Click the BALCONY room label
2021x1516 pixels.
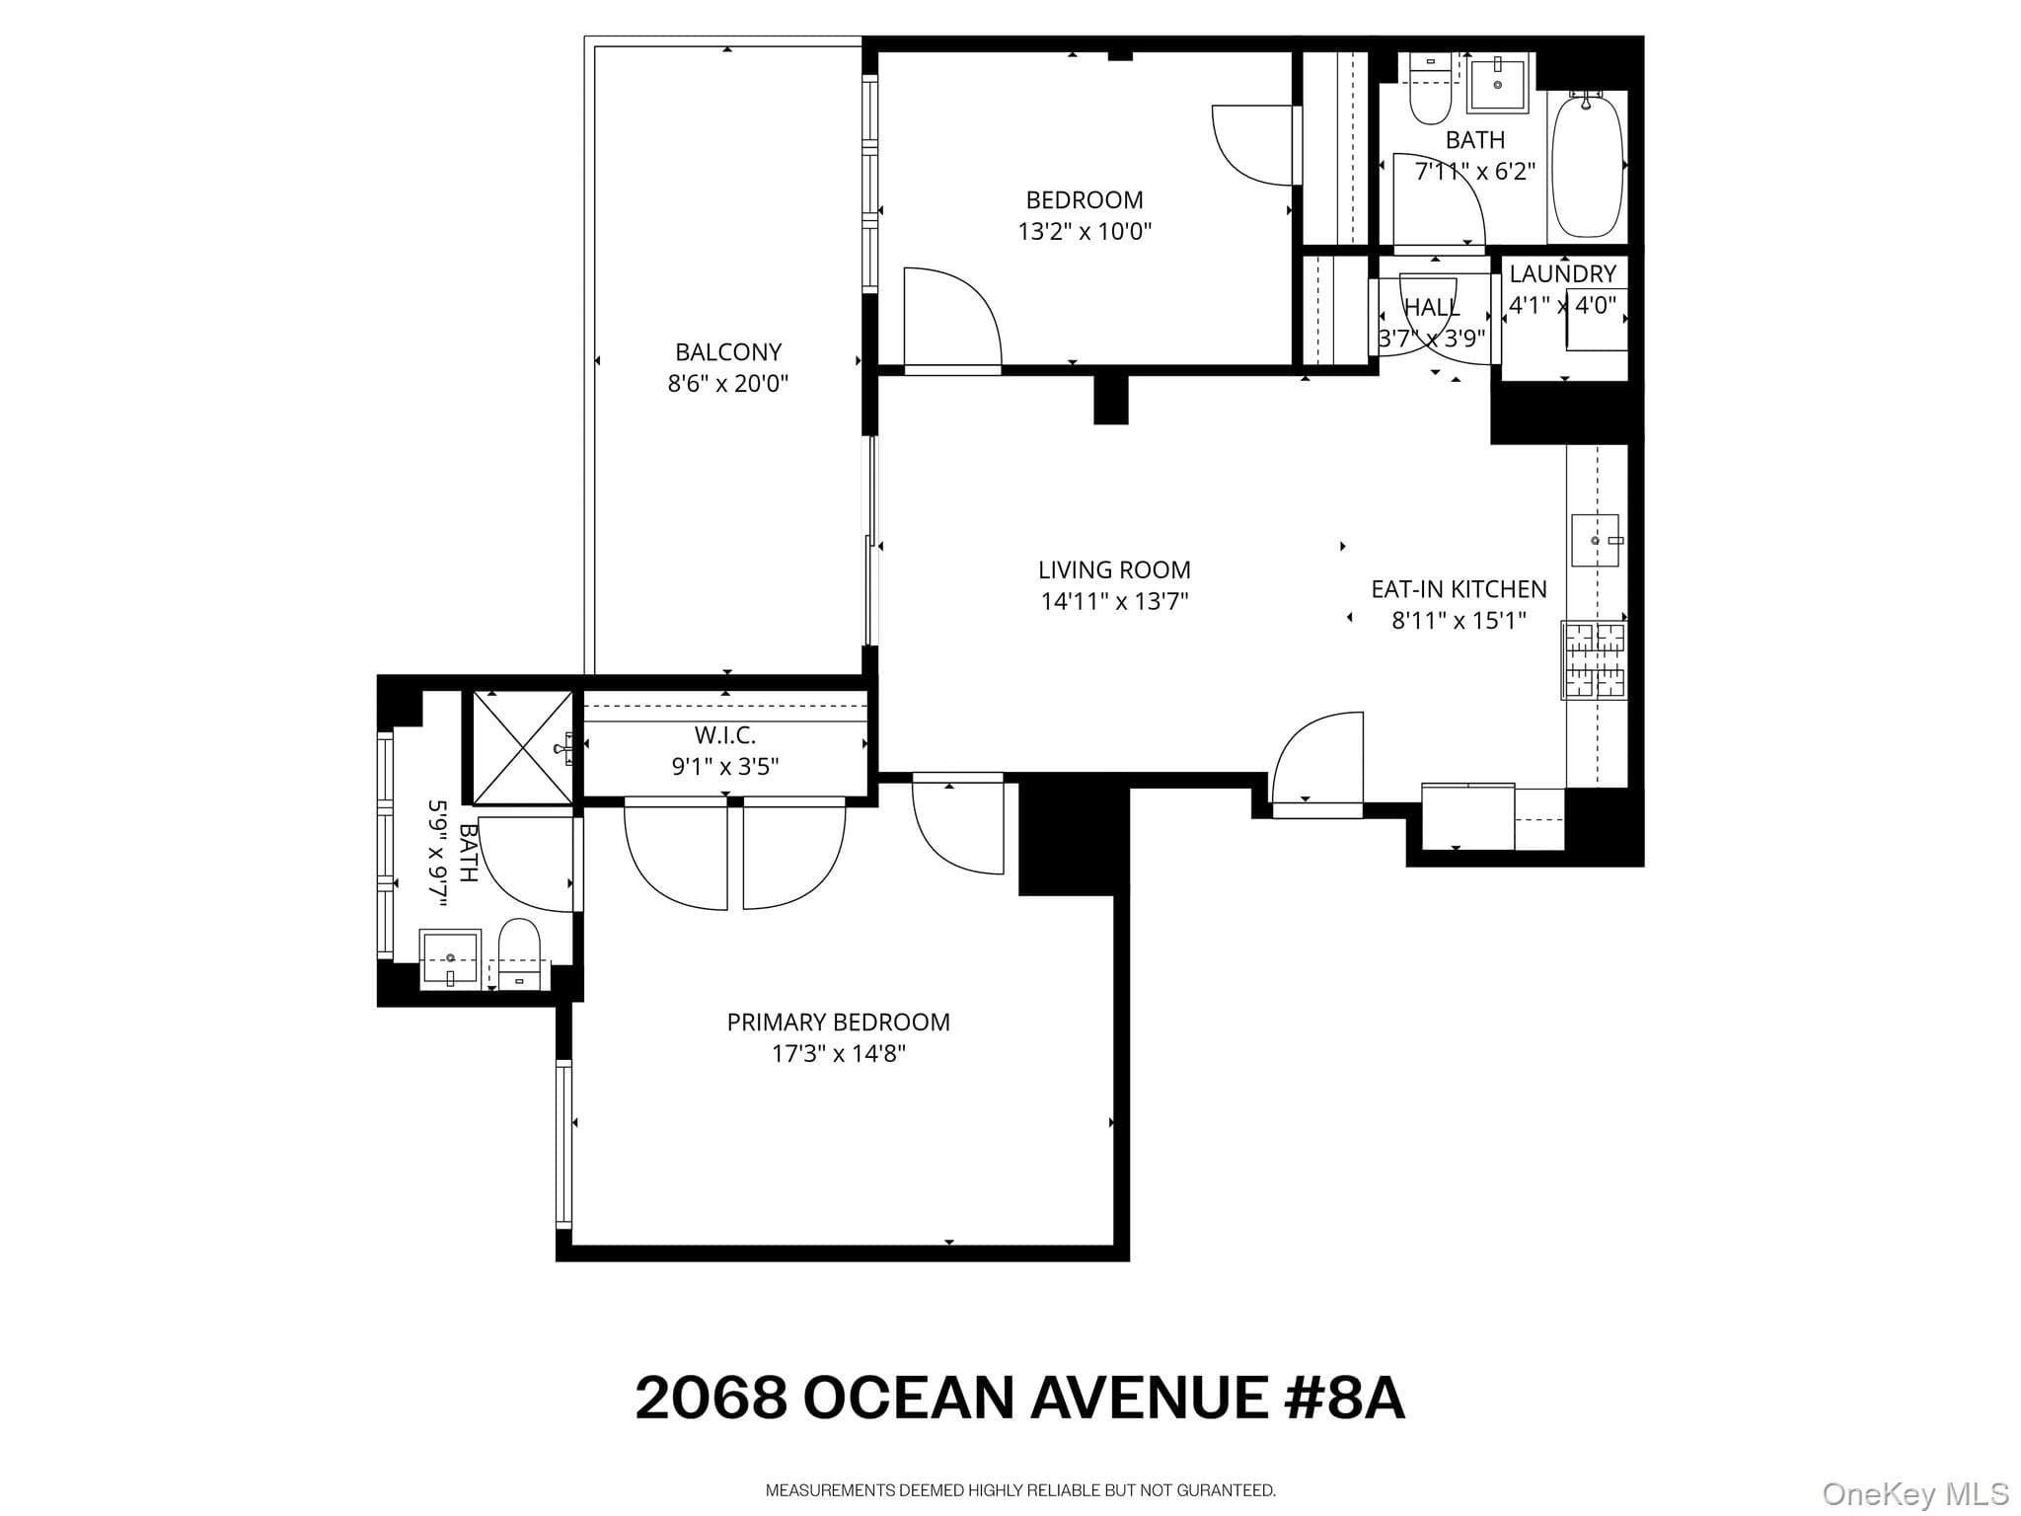(x=728, y=352)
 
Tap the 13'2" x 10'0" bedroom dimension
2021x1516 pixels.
(x=1085, y=232)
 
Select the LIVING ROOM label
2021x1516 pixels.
(x=1114, y=569)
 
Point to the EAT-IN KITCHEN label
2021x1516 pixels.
(x=1459, y=589)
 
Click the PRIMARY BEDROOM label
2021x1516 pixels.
(x=839, y=1023)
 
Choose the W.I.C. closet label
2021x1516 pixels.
(x=725, y=735)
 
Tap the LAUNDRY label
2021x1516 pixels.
(x=1563, y=273)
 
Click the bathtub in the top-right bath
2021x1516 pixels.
(x=1588, y=165)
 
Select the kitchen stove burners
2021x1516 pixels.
(x=1595, y=659)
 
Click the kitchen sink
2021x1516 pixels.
(x=1596, y=540)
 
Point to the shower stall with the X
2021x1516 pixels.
(x=523, y=747)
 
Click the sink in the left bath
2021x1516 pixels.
(x=450, y=958)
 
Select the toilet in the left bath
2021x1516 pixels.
(x=520, y=953)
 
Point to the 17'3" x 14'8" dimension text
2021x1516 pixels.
(x=839, y=1054)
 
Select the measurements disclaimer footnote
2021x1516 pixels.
(x=1020, y=1490)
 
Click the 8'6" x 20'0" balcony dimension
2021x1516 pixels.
(x=728, y=384)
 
